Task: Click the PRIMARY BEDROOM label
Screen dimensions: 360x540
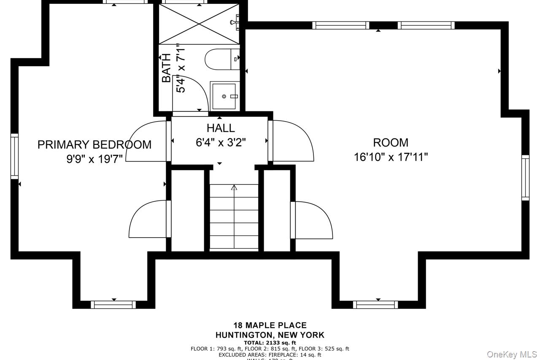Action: tap(94, 145)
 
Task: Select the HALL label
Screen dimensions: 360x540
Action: tap(221, 128)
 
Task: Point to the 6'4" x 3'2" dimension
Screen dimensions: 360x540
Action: tap(221, 142)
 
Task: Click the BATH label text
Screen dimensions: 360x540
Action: tap(167, 68)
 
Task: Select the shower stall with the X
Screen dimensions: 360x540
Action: tap(198, 24)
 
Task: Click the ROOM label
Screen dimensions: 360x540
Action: tap(390, 143)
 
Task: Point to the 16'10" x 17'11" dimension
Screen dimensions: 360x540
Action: tap(391, 157)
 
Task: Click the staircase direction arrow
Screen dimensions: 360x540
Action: tap(234, 187)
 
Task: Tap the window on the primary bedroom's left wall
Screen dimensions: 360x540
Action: tap(15, 156)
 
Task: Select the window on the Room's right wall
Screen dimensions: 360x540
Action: tap(525, 177)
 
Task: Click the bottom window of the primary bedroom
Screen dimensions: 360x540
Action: tap(113, 304)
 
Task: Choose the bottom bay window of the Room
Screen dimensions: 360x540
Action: tap(375, 304)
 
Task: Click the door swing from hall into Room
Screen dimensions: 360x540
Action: tap(293, 141)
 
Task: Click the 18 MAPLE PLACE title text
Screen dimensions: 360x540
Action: tap(270, 325)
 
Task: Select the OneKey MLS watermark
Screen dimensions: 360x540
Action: tap(512, 354)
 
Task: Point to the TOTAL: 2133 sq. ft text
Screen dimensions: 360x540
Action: tap(270, 343)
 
